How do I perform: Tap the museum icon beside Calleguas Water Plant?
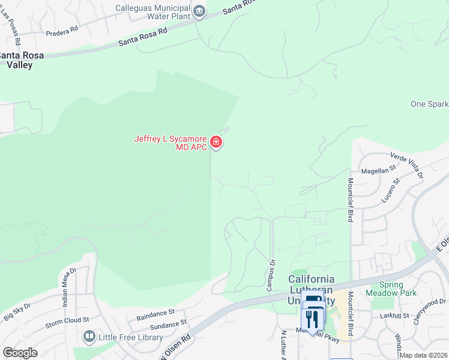(x=199, y=11)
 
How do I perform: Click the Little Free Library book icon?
(x=90, y=337)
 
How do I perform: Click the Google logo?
(x=20, y=353)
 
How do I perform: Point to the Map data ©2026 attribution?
(x=423, y=355)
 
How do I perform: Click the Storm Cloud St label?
(x=67, y=323)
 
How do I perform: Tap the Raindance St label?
(x=155, y=313)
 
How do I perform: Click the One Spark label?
(x=429, y=104)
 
